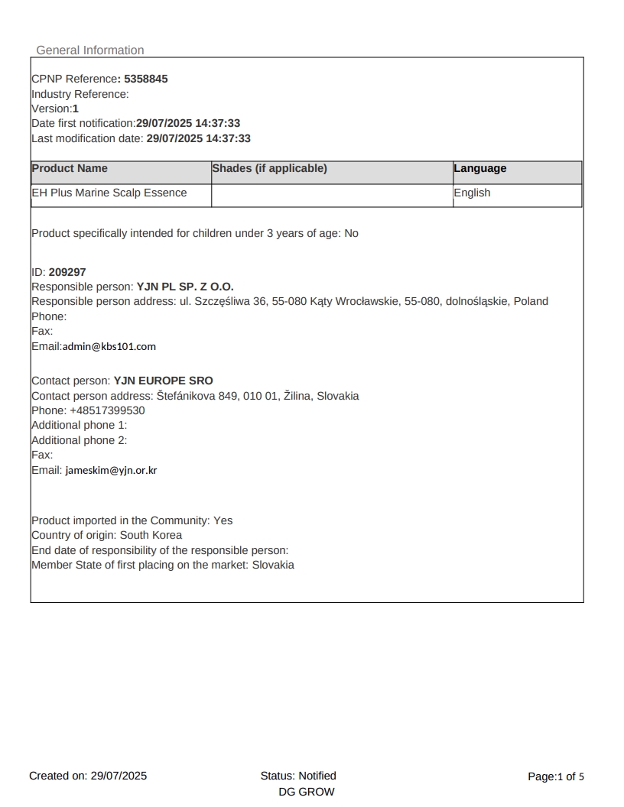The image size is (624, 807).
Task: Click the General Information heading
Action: [x=90, y=50]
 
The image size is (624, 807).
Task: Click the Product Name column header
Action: [x=70, y=169]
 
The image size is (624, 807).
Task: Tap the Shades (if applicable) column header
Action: [x=269, y=169]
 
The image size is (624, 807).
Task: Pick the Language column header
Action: [x=480, y=169]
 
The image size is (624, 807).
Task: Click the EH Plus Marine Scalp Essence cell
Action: [x=109, y=193]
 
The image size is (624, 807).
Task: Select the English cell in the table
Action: [x=472, y=193]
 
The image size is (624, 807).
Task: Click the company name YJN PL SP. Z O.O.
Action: [x=185, y=287]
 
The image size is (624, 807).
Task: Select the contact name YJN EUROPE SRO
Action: [x=164, y=381]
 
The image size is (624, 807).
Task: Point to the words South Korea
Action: [x=151, y=535]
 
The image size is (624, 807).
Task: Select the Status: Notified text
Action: [x=298, y=776]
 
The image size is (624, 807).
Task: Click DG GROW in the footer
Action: [x=307, y=792]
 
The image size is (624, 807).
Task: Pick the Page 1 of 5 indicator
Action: [x=556, y=776]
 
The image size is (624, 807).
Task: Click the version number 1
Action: [x=76, y=109]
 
